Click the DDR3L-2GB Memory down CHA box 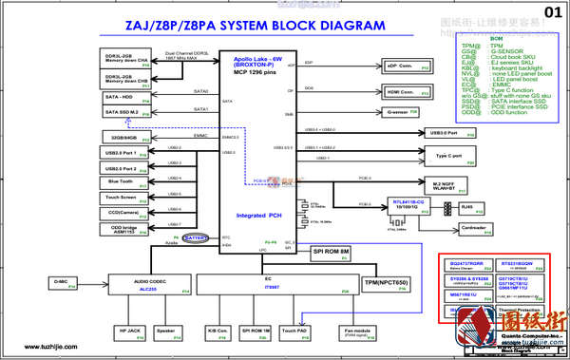(x=121, y=59)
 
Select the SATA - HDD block (x=121, y=95)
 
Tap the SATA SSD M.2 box (x=121, y=112)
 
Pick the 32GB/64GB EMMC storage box (x=121, y=137)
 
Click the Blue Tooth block (x=121, y=180)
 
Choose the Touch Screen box (x=121, y=198)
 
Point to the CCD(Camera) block (x=121, y=213)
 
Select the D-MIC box (x=61, y=282)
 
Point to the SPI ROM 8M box (x=332, y=252)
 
